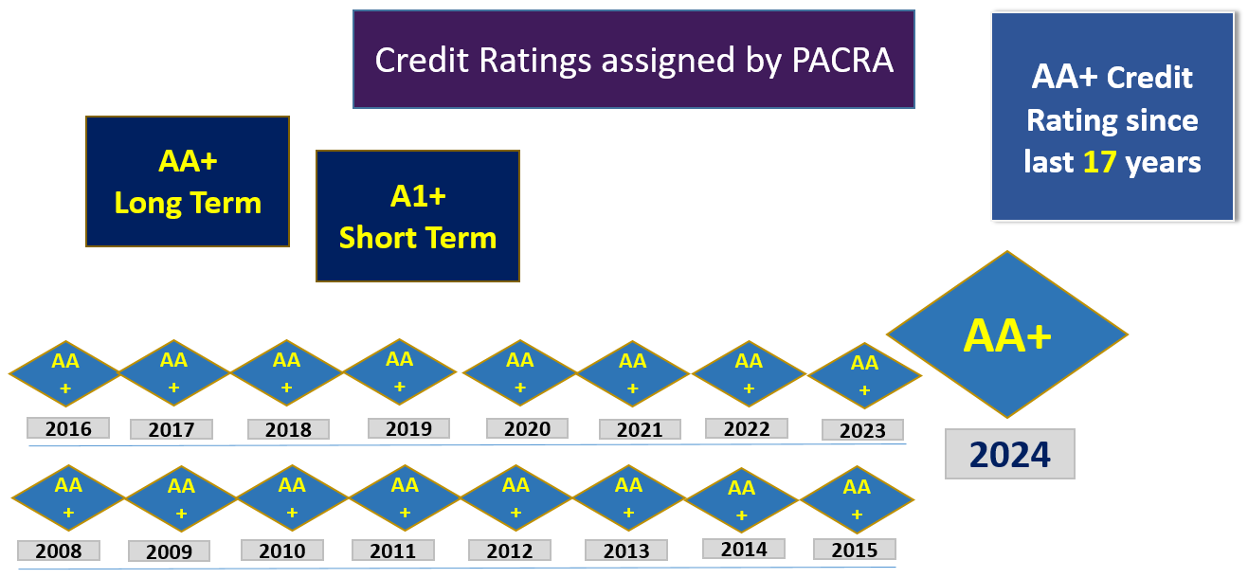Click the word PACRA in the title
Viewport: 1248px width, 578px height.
842,60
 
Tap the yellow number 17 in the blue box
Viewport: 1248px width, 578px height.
1100,162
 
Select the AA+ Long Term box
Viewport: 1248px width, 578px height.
188,182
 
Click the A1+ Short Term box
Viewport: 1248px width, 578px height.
418,216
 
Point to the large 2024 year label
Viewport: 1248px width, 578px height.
1010,454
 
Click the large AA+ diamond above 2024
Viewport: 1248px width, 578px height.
1007,334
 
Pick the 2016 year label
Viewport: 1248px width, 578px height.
68,428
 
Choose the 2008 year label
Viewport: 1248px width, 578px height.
59,551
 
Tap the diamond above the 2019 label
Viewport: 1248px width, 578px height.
400,371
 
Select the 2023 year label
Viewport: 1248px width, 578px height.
862,430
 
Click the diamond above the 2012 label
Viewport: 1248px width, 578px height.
515,497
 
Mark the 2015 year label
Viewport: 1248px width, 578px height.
855,550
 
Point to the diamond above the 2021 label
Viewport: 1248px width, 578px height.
632,373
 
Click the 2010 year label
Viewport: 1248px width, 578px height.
282,551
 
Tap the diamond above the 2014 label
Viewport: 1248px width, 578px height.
742,500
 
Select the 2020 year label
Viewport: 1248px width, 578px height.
527,428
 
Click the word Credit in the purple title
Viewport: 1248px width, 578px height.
422,60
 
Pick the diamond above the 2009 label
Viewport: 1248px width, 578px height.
181,498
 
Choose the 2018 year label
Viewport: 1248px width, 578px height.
288,429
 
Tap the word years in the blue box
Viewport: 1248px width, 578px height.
1163,163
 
